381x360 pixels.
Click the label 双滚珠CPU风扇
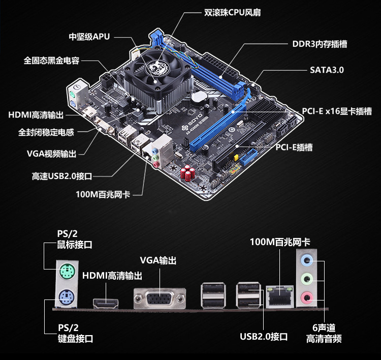click(232, 12)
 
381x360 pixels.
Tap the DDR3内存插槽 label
click(320, 44)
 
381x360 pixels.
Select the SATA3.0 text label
click(327, 70)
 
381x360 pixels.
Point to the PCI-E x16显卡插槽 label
click(337, 111)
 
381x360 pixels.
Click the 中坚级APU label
click(89, 37)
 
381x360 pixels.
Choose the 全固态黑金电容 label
click(51, 61)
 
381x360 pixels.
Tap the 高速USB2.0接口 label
click(62, 176)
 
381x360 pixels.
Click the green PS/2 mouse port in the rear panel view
click(67, 271)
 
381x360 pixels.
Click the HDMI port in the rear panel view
click(106, 304)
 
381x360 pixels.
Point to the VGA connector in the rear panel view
click(160, 298)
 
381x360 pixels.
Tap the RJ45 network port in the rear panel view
click(280, 297)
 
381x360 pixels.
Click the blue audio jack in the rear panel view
click(307, 261)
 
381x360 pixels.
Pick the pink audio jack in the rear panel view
click(307, 298)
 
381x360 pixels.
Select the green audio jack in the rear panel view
click(307, 279)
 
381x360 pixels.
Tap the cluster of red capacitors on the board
click(187, 173)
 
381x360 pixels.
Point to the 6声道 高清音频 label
click(324, 333)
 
